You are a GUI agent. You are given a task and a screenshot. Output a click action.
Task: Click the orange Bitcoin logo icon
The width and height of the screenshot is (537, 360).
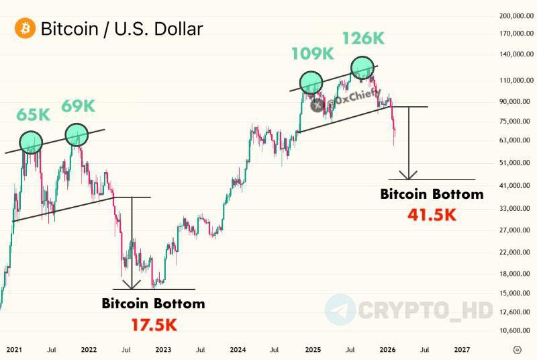(x=25, y=29)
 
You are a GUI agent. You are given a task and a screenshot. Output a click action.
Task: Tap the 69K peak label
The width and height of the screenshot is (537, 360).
(x=79, y=105)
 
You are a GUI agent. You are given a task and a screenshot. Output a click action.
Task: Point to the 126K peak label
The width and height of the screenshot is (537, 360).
(x=363, y=38)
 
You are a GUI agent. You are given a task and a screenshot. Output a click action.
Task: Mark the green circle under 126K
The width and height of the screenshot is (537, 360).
(x=362, y=67)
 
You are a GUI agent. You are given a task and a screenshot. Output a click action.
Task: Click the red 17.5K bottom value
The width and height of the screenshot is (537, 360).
(x=153, y=325)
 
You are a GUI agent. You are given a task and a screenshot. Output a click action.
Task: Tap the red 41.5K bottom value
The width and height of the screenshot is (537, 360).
(x=432, y=216)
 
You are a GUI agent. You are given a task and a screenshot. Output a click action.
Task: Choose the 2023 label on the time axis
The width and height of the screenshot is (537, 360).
(x=163, y=350)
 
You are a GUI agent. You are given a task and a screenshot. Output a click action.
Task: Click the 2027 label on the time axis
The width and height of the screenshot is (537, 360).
(x=462, y=350)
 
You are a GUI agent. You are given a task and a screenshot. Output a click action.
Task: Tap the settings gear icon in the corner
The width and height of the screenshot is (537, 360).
(x=517, y=350)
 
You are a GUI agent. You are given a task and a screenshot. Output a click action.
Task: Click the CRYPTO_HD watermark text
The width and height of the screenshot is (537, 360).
(x=425, y=310)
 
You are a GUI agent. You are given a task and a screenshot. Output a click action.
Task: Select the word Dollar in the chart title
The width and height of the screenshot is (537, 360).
(x=171, y=29)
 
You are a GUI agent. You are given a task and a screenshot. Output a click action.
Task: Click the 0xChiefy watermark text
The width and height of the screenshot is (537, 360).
(x=358, y=101)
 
